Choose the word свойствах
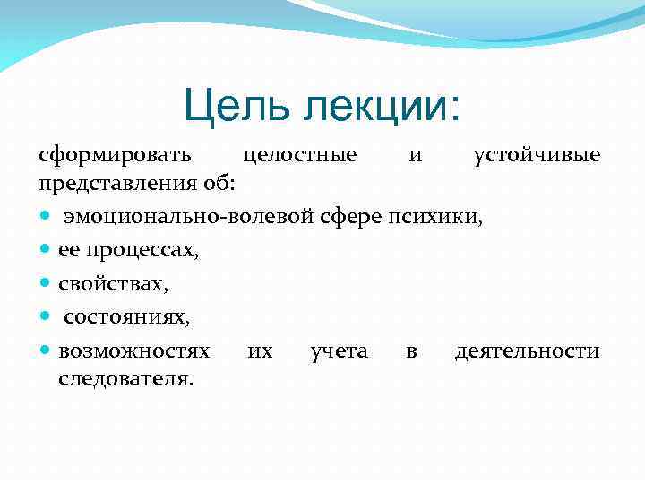coord(113,284)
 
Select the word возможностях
coord(134,350)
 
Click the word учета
coord(339,350)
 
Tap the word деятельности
coord(527,350)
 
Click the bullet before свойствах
coord(45,285)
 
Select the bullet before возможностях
coord(45,351)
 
